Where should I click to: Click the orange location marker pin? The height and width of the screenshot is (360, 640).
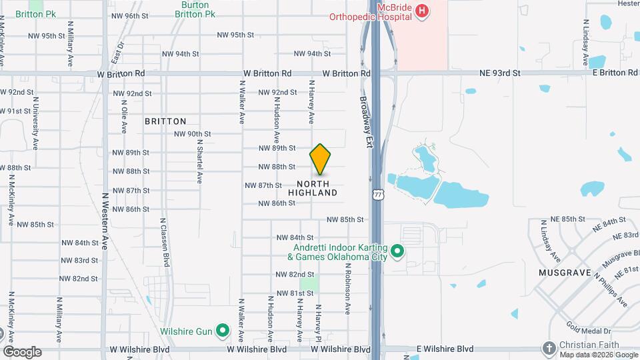point(321,159)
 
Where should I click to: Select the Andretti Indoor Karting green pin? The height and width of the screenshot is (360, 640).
point(397,251)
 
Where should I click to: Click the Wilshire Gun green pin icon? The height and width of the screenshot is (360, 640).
point(223,331)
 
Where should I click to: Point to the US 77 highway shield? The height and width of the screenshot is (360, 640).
point(379,194)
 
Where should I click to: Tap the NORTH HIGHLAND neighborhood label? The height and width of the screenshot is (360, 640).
point(313,188)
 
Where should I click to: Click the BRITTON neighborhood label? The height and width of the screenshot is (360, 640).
point(165,121)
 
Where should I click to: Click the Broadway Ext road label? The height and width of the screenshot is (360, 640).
point(365,120)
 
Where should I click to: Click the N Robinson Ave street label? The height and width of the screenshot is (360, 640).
point(347,288)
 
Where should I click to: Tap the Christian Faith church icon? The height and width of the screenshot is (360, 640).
point(549,347)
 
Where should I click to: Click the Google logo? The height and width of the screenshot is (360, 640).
point(22,351)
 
